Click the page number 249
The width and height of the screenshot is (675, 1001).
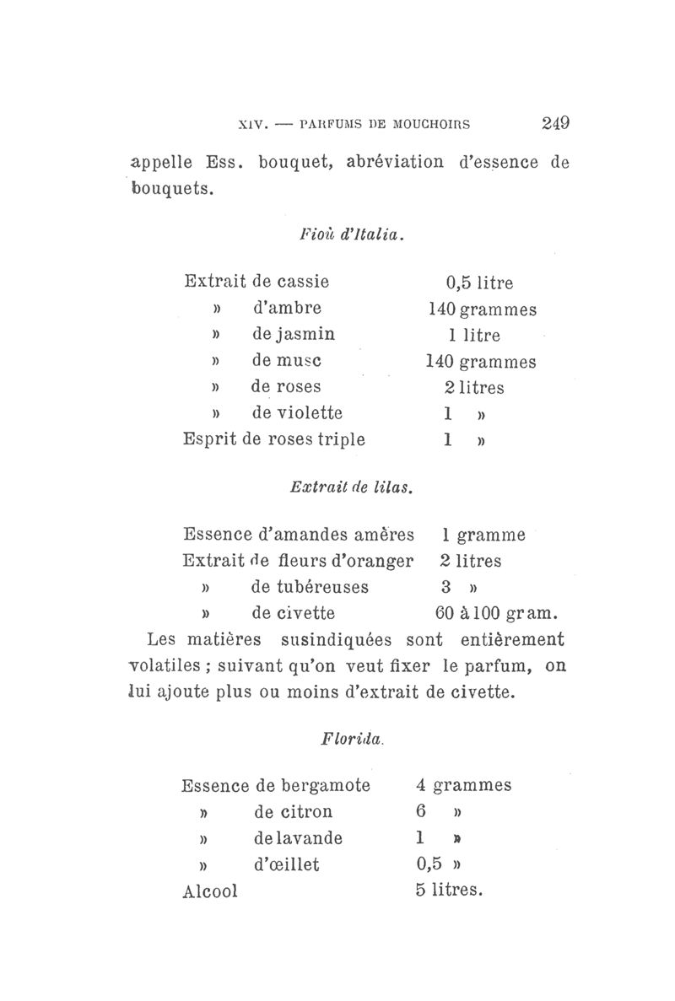556,123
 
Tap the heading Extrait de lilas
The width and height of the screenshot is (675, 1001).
349,487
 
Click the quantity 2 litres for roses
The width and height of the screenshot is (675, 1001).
474,387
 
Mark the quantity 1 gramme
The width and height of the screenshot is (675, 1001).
483,535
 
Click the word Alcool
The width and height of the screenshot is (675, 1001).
210,891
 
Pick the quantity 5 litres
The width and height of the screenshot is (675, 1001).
448,891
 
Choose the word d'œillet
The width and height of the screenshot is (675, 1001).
286,865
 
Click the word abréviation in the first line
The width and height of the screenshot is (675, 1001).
395,162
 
